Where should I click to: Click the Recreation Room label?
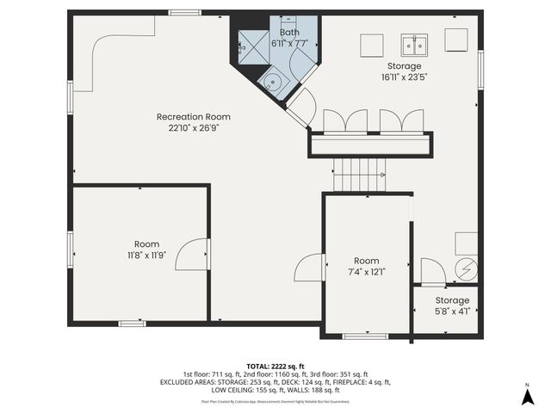coord(193,116)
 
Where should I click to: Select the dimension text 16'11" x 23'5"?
coord(404,77)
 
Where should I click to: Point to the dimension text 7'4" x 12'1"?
coord(366,272)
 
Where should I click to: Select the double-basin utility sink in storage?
coord(414,44)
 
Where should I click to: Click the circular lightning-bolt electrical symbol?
coord(465,268)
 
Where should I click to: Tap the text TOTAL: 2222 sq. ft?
coord(275,366)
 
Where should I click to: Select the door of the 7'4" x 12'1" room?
coord(308,268)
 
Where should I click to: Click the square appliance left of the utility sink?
coord(371,45)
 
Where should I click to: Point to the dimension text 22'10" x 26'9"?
coord(193,128)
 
